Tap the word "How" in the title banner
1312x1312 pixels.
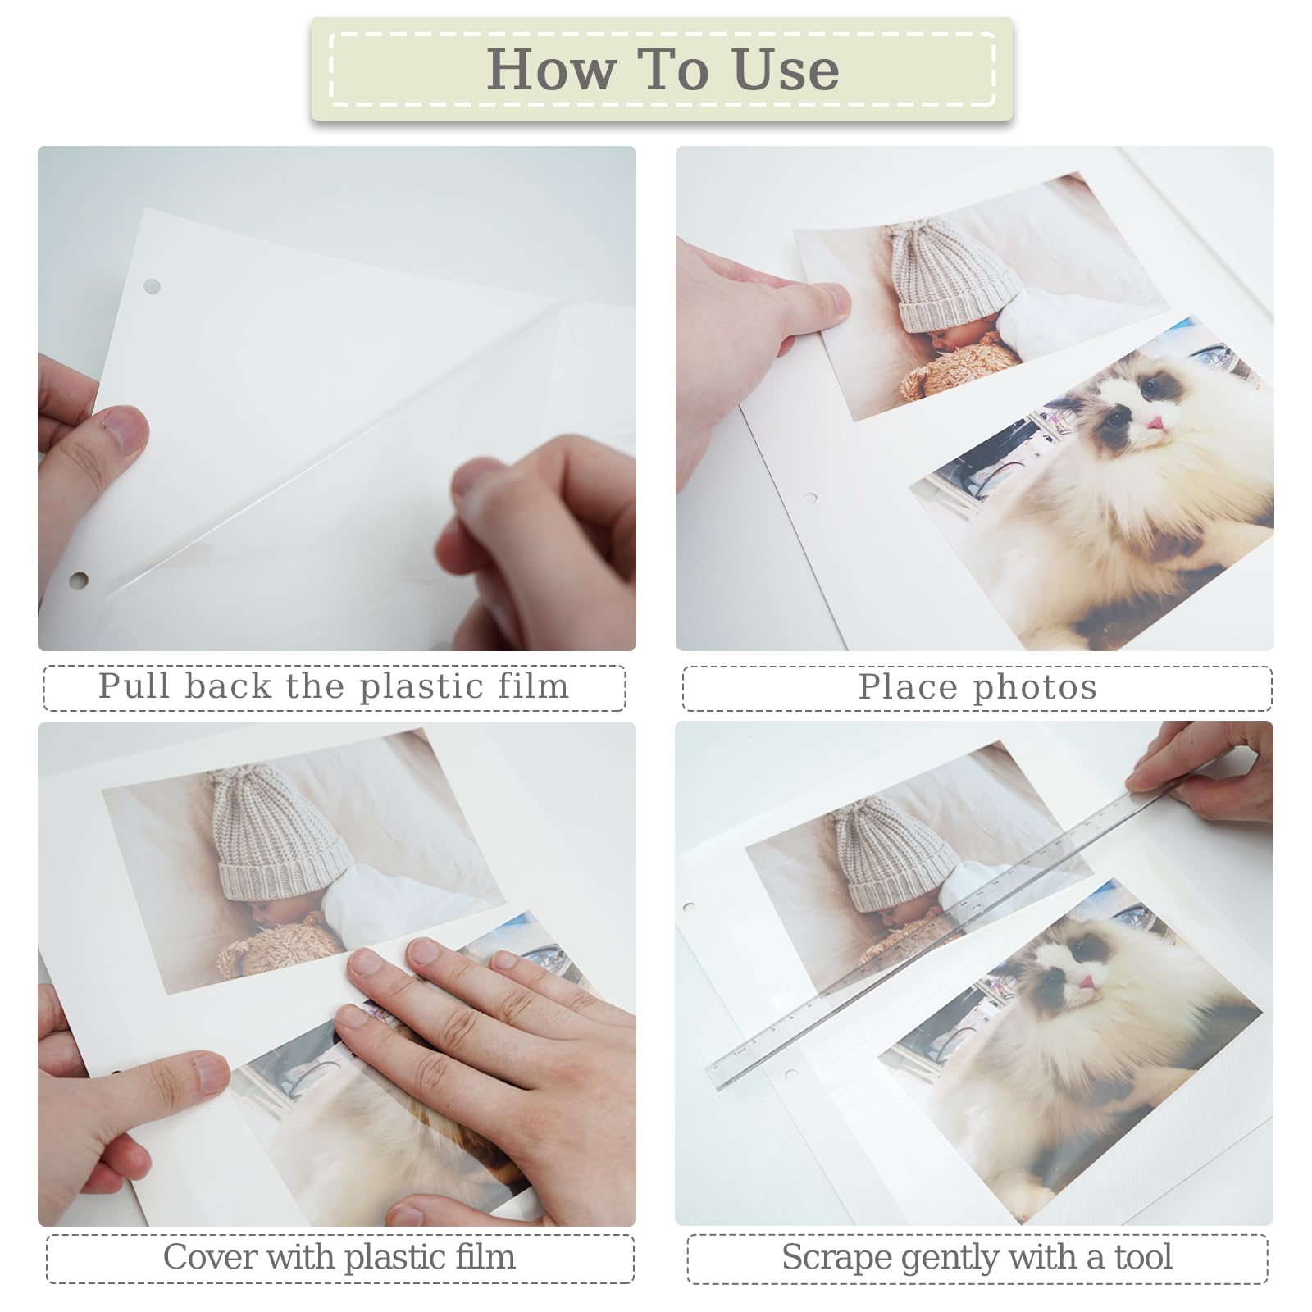point(550,70)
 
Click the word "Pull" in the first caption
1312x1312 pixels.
point(134,686)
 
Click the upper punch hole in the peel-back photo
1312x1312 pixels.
point(152,286)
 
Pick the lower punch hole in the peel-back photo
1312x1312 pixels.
point(79,581)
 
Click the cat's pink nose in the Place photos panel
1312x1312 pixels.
point(1156,423)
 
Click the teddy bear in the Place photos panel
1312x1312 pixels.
point(959,369)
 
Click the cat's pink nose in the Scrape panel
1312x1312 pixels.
point(1086,982)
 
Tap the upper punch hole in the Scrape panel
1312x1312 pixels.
point(689,908)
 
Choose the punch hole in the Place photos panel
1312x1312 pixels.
point(810,498)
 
